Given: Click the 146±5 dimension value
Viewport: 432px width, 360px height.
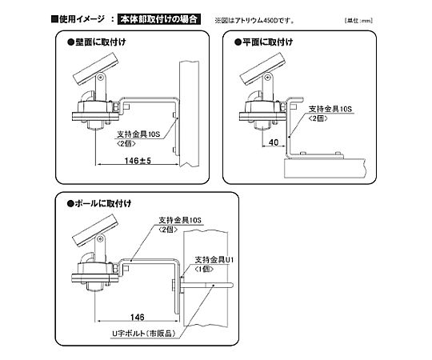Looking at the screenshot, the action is (138, 161).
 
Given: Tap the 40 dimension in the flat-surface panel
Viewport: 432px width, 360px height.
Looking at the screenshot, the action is (274, 142).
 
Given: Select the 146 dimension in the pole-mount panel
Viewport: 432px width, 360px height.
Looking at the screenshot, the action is (138, 318).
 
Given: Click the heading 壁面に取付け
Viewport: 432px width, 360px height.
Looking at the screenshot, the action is (97, 42).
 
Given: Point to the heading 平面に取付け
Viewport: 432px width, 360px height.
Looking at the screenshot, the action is (264, 42).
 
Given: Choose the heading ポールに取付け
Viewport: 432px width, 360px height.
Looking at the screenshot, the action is (99, 203).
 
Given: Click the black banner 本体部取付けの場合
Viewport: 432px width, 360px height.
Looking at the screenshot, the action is (159, 19).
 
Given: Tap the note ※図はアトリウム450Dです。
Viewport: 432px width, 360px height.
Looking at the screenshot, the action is (254, 21).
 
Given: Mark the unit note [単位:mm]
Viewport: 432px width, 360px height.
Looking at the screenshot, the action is (358, 21).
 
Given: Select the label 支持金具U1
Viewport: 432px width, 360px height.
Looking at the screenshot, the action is (214, 260).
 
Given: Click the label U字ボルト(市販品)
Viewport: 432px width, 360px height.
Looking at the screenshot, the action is (143, 334).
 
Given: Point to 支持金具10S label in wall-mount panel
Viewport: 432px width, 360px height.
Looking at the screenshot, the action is (138, 134).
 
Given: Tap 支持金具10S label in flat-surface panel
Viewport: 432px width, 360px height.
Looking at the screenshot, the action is (330, 109).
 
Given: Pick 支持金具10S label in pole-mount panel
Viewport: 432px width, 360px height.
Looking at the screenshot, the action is (180, 220).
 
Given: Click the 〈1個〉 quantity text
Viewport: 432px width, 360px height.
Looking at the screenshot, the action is (204, 269).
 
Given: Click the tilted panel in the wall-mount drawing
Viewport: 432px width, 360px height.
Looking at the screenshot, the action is (96, 69).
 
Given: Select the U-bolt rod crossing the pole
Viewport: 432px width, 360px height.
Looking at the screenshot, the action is (206, 286).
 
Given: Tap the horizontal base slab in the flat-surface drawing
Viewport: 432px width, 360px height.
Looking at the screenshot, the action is (325, 168).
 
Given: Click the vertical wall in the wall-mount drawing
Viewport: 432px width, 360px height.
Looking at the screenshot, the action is (189, 114).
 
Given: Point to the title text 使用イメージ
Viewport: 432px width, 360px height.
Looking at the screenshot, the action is (82, 19).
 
